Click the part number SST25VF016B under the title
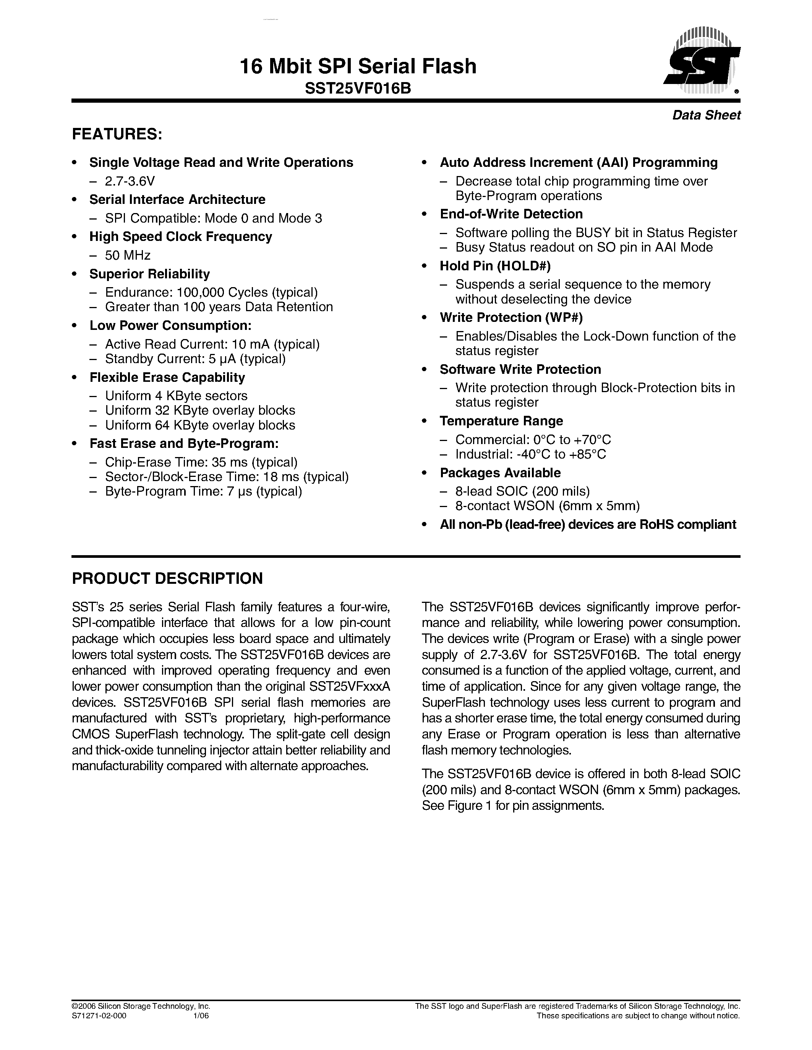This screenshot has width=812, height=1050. pyautogui.click(x=358, y=89)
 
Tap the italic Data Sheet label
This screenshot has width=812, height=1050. pyautogui.click(x=706, y=115)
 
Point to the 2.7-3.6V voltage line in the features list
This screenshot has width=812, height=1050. pyautogui.click(x=130, y=181)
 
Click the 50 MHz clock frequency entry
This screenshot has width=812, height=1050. pyautogui.click(x=128, y=255)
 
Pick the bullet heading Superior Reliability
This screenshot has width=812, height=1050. pyautogui.click(x=150, y=274)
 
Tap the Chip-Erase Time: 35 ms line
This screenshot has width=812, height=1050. pyautogui.click(x=201, y=462)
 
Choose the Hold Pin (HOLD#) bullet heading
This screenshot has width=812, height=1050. pyautogui.click(x=495, y=266)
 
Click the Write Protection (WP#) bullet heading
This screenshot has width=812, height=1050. pyautogui.click(x=511, y=318)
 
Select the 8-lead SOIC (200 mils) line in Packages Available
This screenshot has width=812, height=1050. pyautogui.click(x=522, y=491)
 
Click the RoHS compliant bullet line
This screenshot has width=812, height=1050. pyautogui.click(x=587, y=525)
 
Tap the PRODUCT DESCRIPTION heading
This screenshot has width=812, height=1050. pyautogui.click(x=167, y=578)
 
